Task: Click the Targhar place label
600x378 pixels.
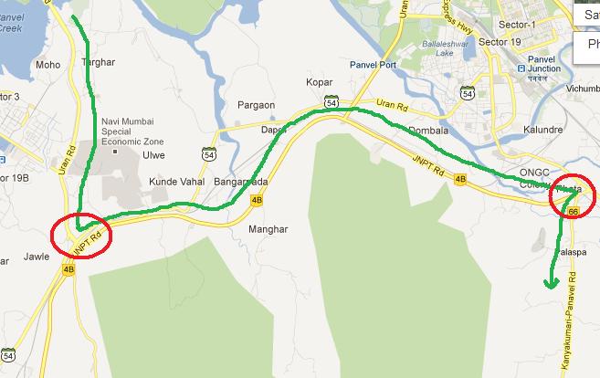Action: pyautogui.click(x=100, y=61)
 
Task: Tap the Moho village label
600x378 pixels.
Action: pyautogui.click(x=47, y=65)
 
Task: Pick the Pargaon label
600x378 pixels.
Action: pyautogui.click(x=256, y=105)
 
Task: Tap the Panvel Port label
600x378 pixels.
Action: pyautogui.click(x=374, y=66)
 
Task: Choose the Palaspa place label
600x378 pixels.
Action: pyautogui.click(x=569, y=250)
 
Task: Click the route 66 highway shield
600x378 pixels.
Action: pyautogui.click(x=574, y=211)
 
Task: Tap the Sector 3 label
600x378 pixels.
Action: pyautogui.click(x=10, y=96)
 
